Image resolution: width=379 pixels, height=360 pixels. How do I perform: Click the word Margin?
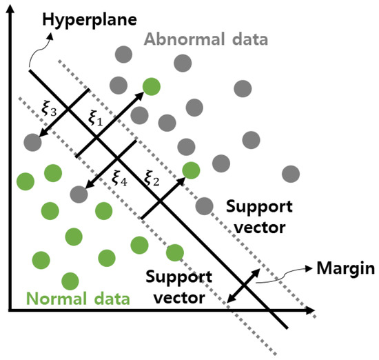[x=343, y=268]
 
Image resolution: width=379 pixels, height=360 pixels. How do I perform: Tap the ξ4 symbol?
[x=120, y=177]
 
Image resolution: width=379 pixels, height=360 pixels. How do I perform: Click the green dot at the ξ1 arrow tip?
[x=152, y=87]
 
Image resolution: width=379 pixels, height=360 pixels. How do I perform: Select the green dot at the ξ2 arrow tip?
[x=191, y=170]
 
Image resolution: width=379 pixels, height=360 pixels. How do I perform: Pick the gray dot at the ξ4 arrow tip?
[x=78, y=193]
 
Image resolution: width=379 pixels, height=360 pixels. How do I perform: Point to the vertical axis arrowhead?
[x=10, y=8]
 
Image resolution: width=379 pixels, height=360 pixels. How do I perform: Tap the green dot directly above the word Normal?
[x=70, y=281]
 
